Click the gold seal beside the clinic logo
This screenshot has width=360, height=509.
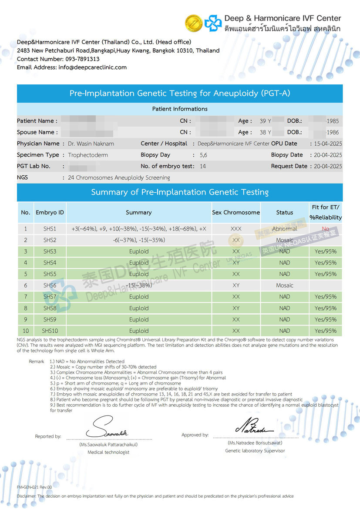click(193, 23)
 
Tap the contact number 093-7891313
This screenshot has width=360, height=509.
click(82, 59)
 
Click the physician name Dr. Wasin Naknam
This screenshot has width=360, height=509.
click(91, 144)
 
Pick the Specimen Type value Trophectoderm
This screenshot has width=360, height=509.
click(88, 155)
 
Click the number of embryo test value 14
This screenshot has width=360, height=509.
click(203, 166)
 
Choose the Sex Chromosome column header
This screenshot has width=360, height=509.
click(236, 212)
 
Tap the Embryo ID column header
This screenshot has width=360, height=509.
click(50, 212)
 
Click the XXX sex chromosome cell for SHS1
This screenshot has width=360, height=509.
click(236, 229)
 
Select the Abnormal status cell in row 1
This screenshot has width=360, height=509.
click(284, 229)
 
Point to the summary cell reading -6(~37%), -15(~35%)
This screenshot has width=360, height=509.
click(139, 240)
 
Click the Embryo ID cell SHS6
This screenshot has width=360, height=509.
click(50, 285)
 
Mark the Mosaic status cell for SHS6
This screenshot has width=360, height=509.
click(284, 285)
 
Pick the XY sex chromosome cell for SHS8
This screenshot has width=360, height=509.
click(236, 308)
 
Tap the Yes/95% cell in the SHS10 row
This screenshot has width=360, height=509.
click(326, 331)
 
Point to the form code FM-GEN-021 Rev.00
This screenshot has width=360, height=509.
click(34, 487)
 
